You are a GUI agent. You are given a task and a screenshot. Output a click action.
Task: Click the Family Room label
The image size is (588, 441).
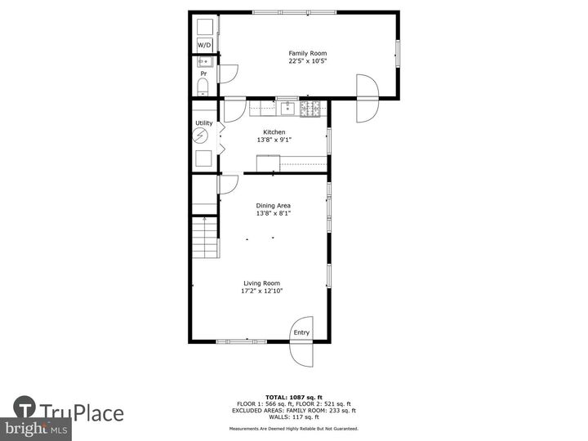[301, 53]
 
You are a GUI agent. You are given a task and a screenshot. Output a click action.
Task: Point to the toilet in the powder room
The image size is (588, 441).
[203, 87]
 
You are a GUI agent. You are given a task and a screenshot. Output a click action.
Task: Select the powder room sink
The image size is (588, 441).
[203, 61]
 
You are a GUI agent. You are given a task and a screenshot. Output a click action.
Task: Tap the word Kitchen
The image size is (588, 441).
[274, 131]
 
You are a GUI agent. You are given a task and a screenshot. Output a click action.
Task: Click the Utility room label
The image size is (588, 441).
[203, 123]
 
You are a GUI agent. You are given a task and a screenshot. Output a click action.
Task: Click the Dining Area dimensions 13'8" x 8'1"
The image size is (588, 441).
[274, 213]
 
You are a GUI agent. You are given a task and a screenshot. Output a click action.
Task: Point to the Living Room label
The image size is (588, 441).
[261, 283]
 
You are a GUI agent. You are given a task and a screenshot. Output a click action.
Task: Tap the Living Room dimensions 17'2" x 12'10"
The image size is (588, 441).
[261, 291]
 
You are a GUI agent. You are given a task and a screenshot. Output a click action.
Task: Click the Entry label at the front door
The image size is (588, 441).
[301, 332]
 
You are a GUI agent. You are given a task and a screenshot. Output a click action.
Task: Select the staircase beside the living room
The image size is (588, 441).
[206, 238]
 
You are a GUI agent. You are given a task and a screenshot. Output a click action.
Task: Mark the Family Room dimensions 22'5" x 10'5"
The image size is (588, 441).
[301, 60]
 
